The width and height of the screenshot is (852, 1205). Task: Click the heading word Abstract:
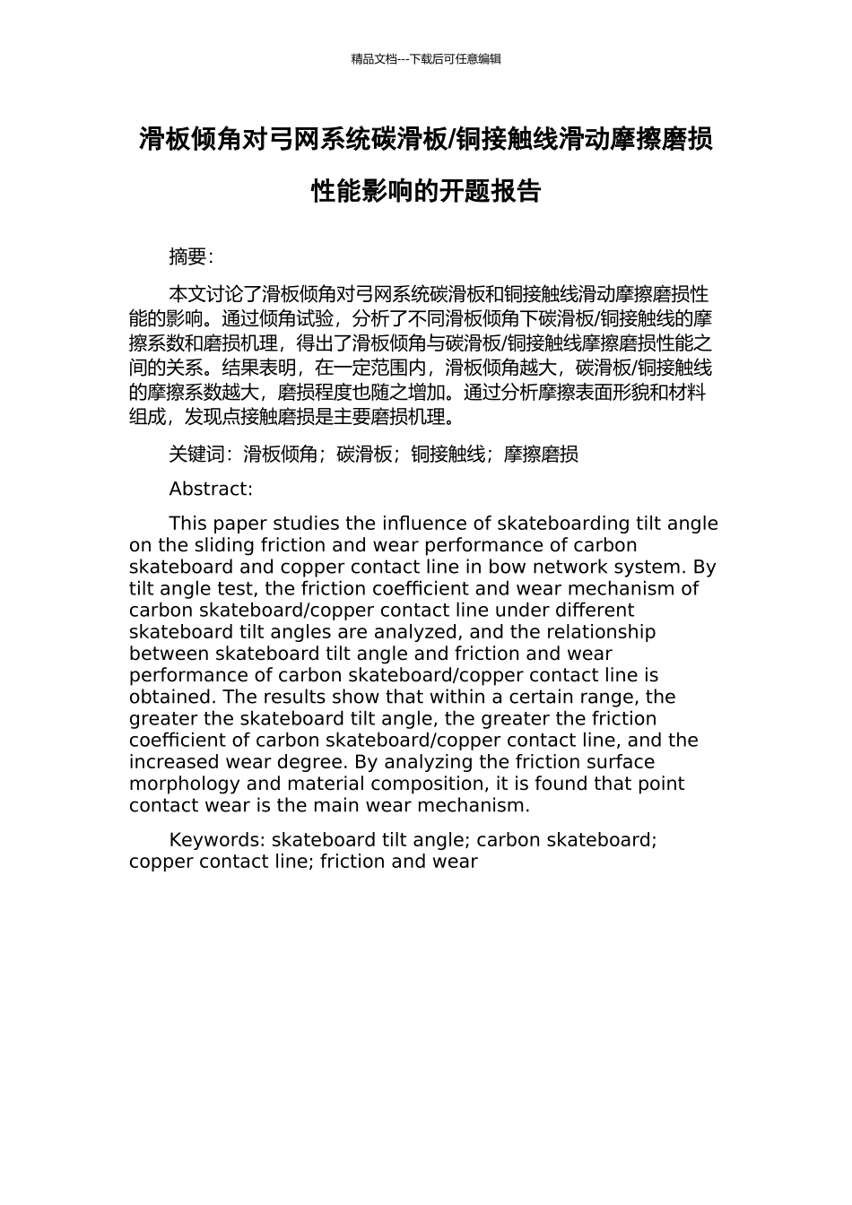[211, 489]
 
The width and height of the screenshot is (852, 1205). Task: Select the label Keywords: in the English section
[217, 840]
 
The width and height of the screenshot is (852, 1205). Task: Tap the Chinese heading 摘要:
[191, 257]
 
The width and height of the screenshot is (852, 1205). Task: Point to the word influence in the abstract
[438, 524]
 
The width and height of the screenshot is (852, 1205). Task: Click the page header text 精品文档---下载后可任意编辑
[426, 59]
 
